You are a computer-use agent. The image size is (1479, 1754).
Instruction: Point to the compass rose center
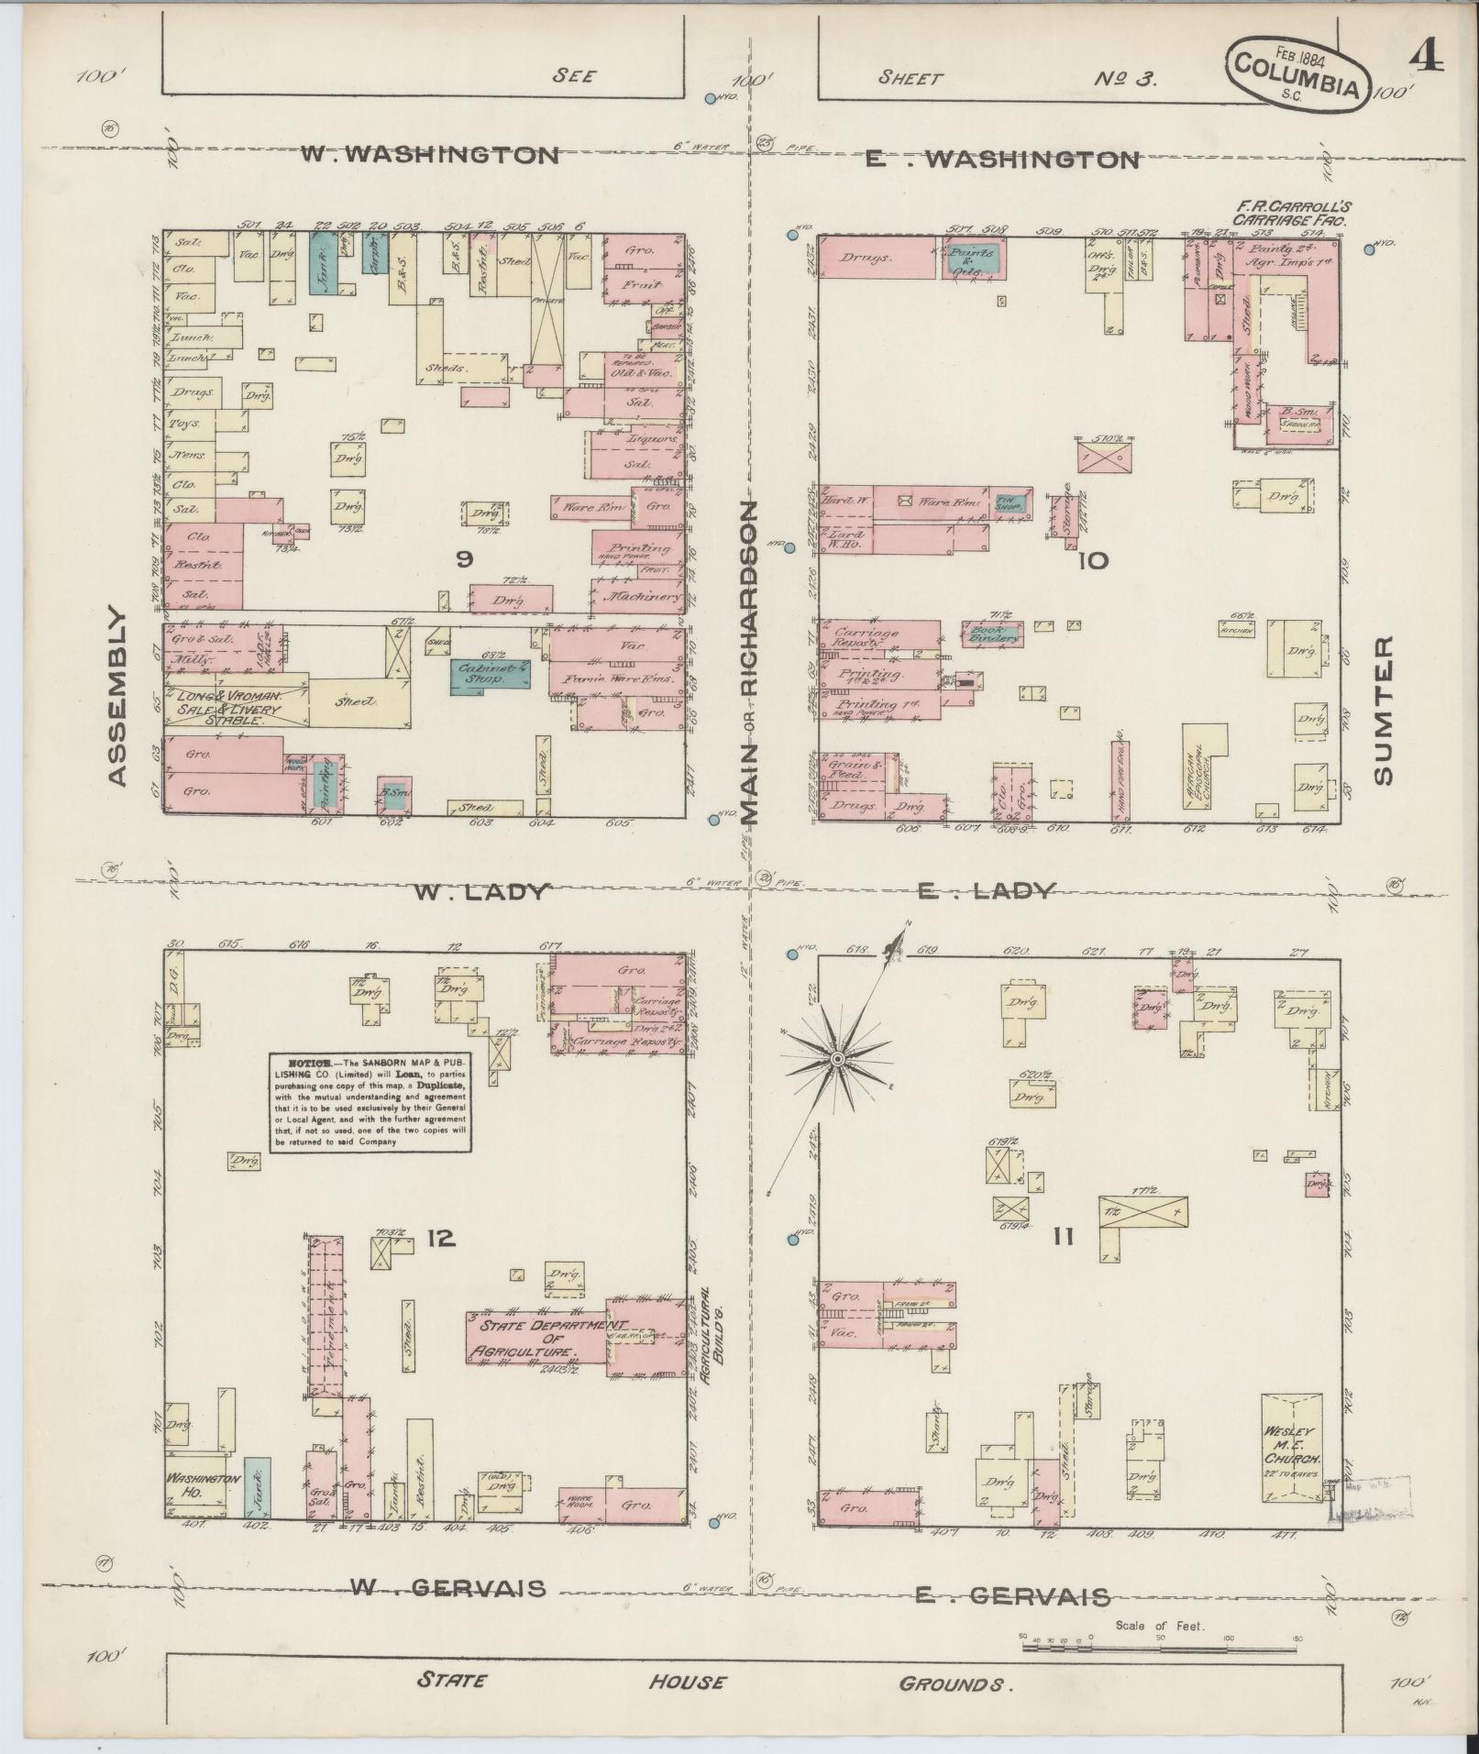(x=836, y=1060)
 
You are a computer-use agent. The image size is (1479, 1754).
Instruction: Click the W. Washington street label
(x=430, y=155)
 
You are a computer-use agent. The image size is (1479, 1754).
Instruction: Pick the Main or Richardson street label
(x=750, y=660)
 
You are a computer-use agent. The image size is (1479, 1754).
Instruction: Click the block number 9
(x=464, y=559)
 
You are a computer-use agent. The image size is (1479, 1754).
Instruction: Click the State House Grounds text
(x=714, y=1682)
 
